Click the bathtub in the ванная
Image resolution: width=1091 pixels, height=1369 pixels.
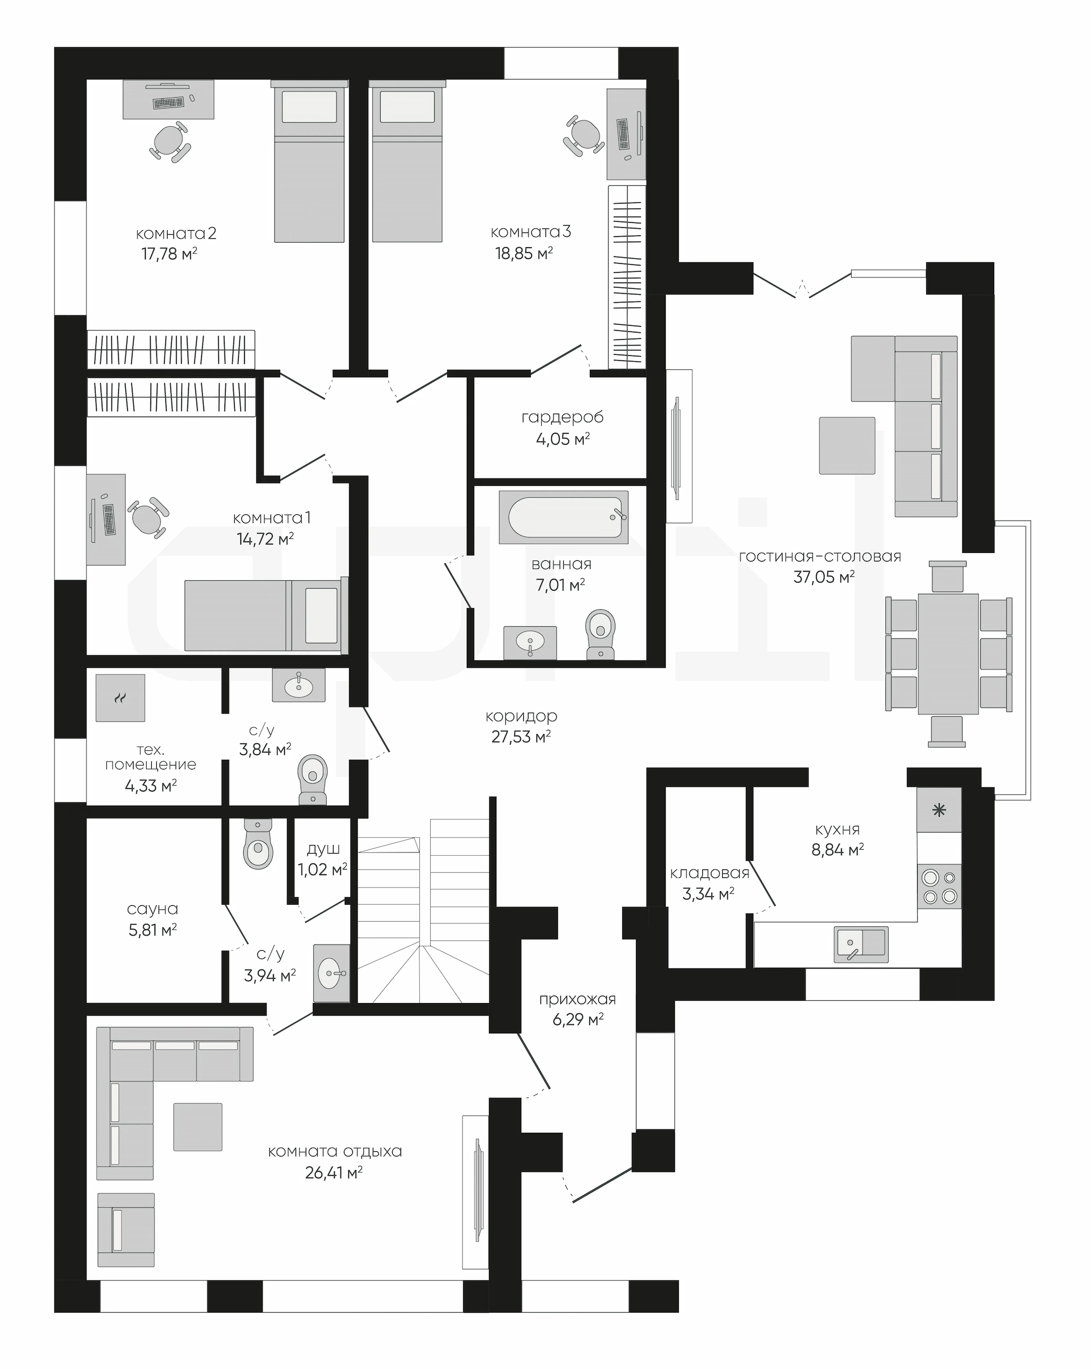pos(563,517)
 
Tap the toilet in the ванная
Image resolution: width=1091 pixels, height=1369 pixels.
pos(600,634)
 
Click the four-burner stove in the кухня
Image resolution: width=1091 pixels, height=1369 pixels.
pos(939,887)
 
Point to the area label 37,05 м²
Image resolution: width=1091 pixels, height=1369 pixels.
pos(823,577)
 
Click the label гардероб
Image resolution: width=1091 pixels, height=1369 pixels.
pos(562,418)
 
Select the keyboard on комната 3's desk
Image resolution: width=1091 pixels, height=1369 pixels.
pos(623,134)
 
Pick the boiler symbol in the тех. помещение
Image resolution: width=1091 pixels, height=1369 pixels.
pos(120,698)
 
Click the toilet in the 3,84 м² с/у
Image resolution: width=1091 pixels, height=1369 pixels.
pos(313,780)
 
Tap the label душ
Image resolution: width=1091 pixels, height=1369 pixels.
pos(323,849)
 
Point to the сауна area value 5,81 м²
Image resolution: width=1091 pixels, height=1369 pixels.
pos(152,930)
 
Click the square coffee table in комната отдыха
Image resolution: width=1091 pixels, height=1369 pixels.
pos(198,1127)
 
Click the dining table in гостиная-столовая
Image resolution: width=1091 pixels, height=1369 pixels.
pos(948,654)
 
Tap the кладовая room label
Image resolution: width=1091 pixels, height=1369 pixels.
pos(709,873)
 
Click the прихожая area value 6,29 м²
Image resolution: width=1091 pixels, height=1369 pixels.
pos(578,1020)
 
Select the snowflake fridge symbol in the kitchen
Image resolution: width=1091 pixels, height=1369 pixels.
pos(939,810)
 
